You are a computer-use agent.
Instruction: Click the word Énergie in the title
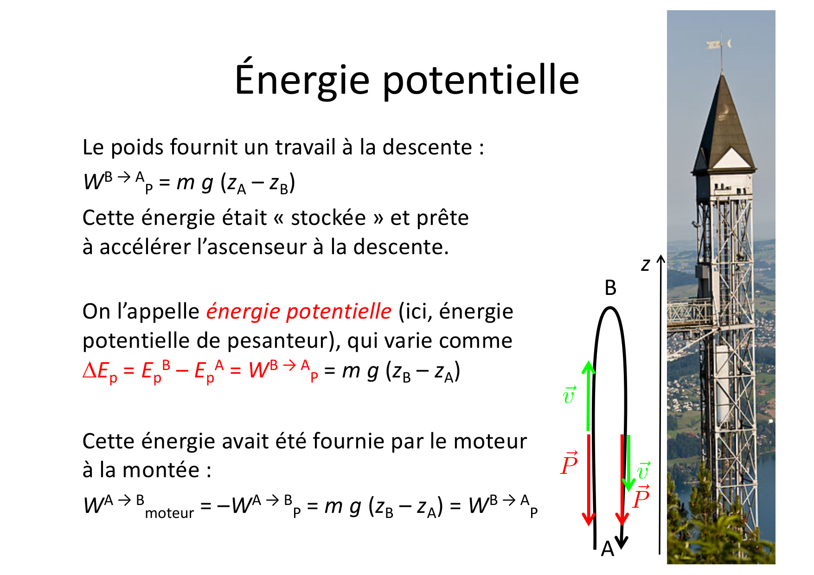click(x=302, y=80)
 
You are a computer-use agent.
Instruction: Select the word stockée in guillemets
click(x=328, y=218)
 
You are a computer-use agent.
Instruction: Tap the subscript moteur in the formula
click(x=169, y=513)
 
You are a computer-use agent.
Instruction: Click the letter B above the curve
click(x=610, y=288)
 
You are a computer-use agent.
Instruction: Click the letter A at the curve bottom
click(x=607, y=549)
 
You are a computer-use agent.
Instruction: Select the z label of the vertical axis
click(x=645, y=264)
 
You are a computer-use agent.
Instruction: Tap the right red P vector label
click(x=641, y=498)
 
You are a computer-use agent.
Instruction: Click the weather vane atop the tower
click(x=720, y=45)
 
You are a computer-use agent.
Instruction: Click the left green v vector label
click(x=569, y=395)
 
